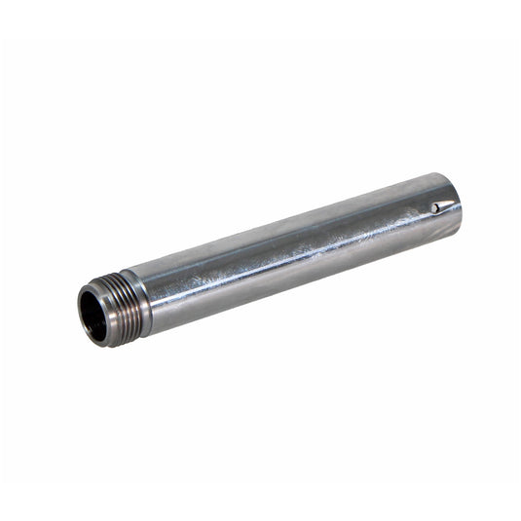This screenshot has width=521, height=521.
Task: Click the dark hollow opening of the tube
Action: pyautogui.click(x=95, y=315)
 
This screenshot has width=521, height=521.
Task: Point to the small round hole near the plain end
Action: pyautogui.click(x=433, y=208)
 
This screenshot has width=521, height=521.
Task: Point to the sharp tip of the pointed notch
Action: pyautogui.click(x=454, y=204)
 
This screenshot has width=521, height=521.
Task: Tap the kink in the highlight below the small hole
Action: pyautogui.click(x=428, y=222)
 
